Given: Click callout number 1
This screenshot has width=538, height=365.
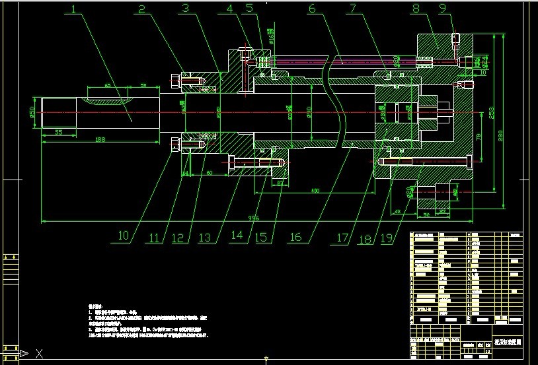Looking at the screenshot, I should [x=75, y=10].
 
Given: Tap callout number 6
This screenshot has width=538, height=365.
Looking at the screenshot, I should [x=312, y=9].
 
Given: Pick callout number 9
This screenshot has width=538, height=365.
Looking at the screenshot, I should [x=461, y=9].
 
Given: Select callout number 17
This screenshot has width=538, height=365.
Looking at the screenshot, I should [x=342, y=237].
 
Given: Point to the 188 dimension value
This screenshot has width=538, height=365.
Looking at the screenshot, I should [x=100, y=140].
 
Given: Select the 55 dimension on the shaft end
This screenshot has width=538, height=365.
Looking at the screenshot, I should [x=59, y=133].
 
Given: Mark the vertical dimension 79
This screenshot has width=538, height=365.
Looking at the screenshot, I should [x=479, y=137].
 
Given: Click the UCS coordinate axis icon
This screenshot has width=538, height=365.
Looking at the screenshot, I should [x=26, y=354].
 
